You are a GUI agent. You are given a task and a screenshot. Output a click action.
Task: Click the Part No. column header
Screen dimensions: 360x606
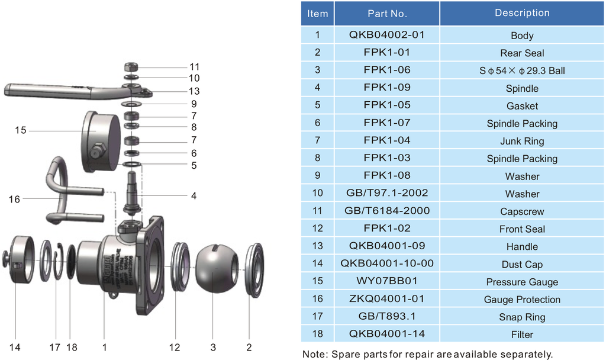point(387,13)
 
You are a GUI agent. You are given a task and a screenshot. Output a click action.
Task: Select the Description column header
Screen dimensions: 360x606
point(522,13)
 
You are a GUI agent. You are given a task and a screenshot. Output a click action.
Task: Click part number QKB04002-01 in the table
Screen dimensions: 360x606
point(387,35)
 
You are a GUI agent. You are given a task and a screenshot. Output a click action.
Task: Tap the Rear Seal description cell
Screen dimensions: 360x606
point(522,53)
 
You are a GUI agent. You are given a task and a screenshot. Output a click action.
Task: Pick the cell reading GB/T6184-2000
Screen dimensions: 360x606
point(387,211)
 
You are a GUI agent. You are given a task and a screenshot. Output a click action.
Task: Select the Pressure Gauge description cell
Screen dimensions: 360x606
point(522,282)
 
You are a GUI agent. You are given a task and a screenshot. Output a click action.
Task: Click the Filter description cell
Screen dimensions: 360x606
point(522,335)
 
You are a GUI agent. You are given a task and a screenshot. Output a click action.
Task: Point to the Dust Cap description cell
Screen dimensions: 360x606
point(522,264)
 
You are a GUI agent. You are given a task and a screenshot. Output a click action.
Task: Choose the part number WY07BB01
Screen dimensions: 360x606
point(387,281)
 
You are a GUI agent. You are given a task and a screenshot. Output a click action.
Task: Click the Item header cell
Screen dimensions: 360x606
point(318,13)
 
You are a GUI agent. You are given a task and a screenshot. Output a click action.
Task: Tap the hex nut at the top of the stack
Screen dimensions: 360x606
point(132,66)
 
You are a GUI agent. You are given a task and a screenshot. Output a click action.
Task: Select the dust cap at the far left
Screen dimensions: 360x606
point(19,261)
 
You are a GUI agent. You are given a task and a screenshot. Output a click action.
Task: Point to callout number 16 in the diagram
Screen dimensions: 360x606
point(14,200)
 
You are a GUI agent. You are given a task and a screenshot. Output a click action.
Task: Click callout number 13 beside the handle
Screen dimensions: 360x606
point(194,91)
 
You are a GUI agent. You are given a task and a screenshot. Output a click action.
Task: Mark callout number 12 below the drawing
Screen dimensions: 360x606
point(175,347)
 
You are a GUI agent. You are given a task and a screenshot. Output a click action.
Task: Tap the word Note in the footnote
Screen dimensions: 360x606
point(315,354)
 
